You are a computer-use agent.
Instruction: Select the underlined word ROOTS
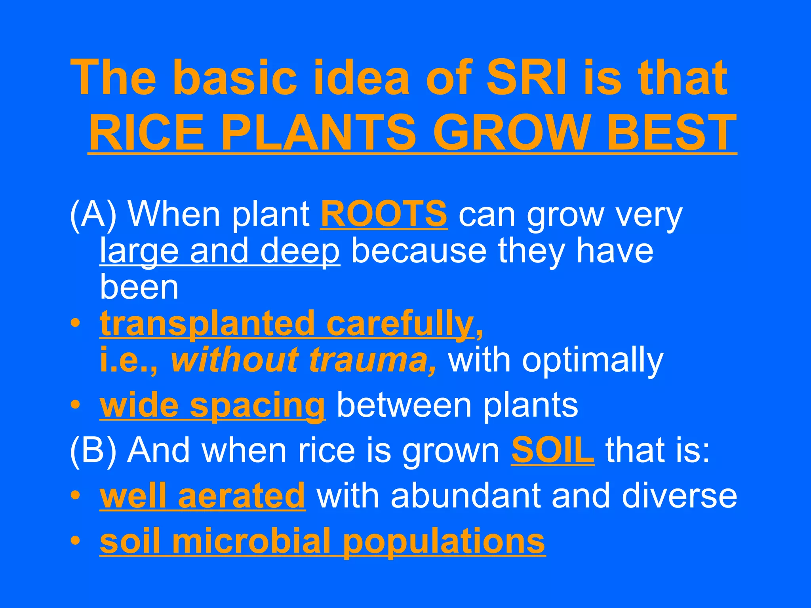coord(384,214)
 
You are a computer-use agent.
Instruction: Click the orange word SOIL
coord(552,450)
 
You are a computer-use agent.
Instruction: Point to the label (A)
coord(93,215)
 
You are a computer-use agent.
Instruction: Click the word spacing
coord(257,406)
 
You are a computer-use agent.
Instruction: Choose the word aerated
coord(242,496)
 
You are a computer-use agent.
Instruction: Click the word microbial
coord(251,541)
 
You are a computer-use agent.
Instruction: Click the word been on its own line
coord(139,287)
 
